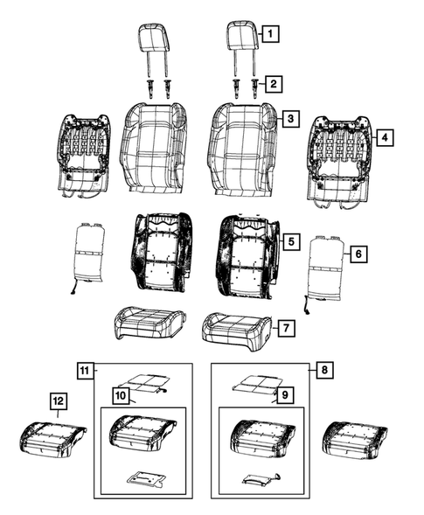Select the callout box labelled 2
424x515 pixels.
click(x=274, y=84)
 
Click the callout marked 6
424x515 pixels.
click(x=356, y=254)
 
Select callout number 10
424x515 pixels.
click(x=121, y=395)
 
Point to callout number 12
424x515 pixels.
click(x=58, y=400)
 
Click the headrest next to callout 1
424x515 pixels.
click(x=241, y=37)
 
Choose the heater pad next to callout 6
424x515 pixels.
click(x=326, y=268)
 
